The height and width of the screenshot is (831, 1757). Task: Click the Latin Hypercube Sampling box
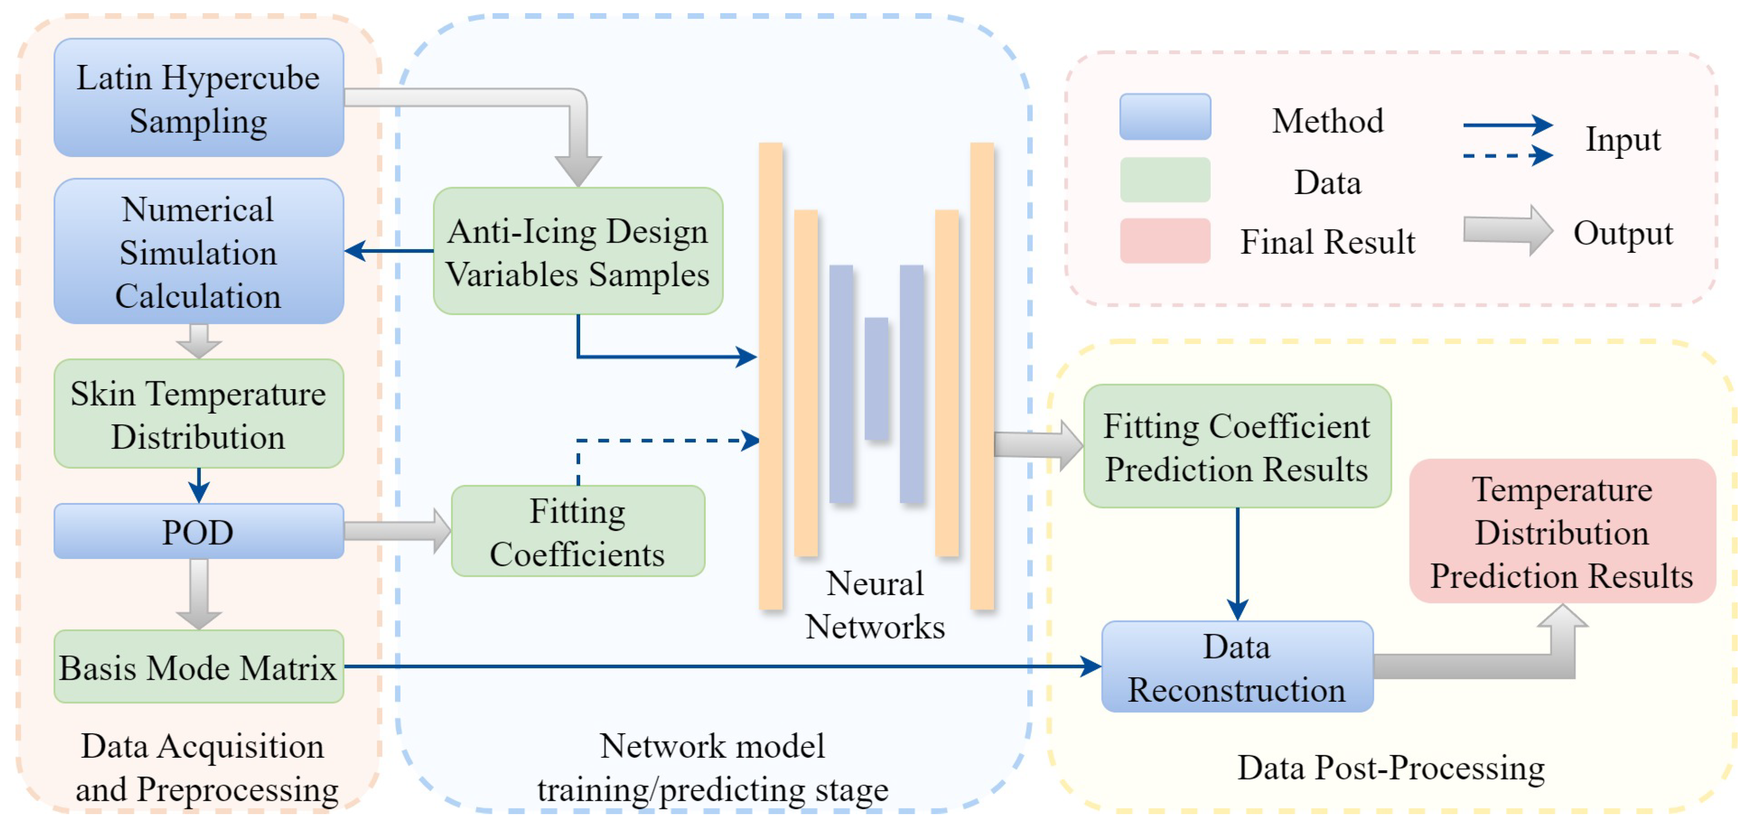(x=198, y=97)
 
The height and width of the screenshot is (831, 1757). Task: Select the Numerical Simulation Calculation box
(x=198, y=251)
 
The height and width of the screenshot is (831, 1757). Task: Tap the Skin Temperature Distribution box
(x=198, y=414)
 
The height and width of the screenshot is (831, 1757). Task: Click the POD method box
(x=198, y=532)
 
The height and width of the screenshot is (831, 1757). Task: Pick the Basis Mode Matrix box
(x=198, y=666)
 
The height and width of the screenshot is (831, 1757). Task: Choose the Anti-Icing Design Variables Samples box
(x=578, y=251)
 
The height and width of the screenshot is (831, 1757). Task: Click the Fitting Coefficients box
(x=578, y=532)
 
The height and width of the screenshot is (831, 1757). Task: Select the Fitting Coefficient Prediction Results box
(x=1237, y=447)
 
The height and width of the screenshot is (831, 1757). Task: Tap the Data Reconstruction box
(x=1237, y=666)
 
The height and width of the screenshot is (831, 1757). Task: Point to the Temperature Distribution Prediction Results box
(x=1562, y=532)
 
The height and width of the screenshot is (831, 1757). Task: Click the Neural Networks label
(x=875, y=604)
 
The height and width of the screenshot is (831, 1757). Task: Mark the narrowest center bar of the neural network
(x=876, y=379)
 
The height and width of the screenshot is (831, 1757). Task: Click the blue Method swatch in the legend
(x=1165, y=117)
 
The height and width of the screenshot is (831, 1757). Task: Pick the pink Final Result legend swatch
(x=1165, y=241)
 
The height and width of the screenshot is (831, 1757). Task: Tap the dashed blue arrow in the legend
(x=1507, y=156)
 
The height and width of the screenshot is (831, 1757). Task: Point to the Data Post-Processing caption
(x=1391, y=768)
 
